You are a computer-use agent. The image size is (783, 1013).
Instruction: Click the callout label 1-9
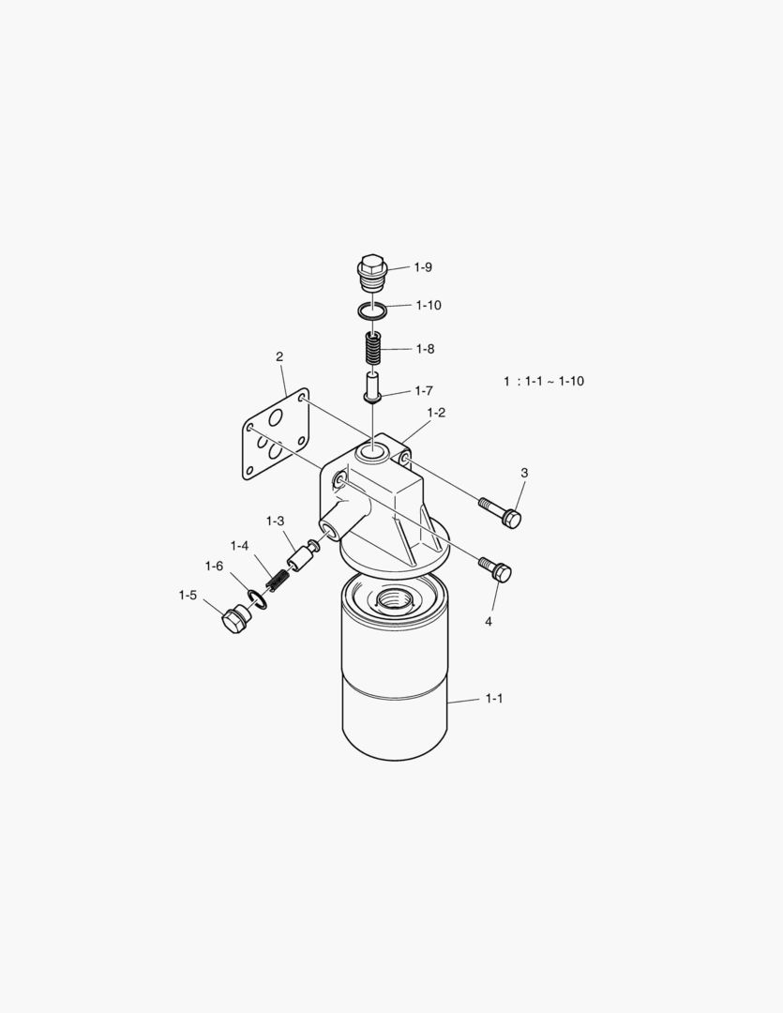click(x=423, y=267)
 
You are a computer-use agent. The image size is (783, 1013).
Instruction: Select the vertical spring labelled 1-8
click(x=373, y=349)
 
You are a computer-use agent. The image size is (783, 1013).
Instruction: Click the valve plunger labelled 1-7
click(x=372, y=387)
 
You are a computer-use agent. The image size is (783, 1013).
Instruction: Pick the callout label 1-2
click(x=436, y=413)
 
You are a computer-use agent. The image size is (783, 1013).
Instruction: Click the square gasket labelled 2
click(x=276, y=434)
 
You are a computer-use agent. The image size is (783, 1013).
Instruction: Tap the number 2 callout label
click(x=279, y=356)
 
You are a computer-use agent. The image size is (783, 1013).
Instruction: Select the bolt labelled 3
click(x=500, y=511)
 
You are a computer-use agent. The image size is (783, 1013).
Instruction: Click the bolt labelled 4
click(x=495, y=567)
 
